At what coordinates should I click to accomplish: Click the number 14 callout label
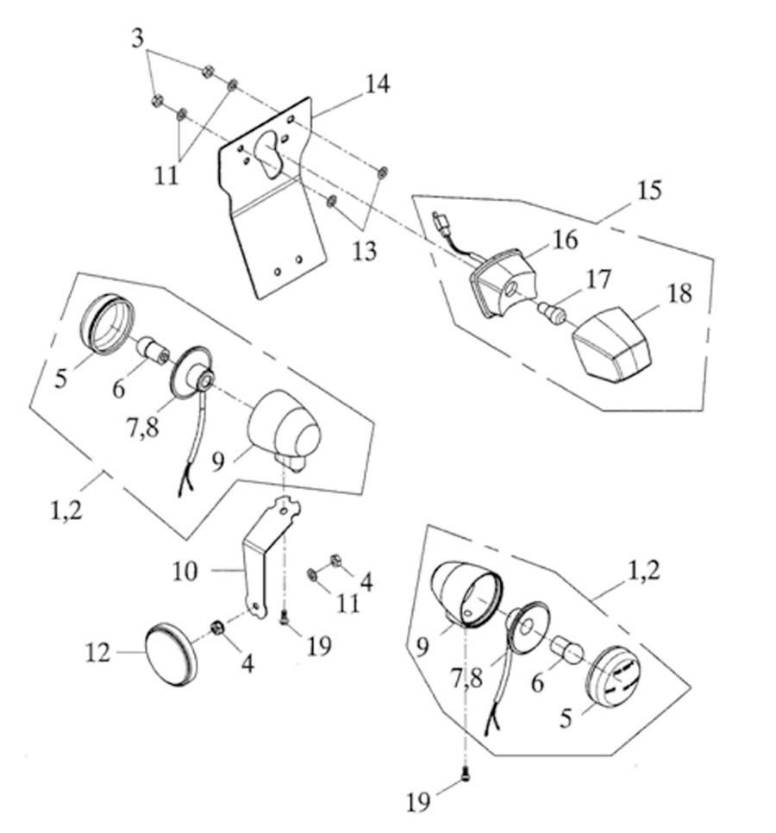(x=377, y=85)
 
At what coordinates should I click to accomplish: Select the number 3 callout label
(x=137, y=38)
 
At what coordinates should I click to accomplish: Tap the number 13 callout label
(x=364, y=251)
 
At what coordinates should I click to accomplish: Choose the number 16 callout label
(x=567, y=241)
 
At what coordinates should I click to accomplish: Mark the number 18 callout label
(x=679, y=293)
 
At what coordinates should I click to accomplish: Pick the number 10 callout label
(x=185, y=571)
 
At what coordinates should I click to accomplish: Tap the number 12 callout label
(x=98, y=653)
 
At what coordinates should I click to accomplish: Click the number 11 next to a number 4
(x=347, y=601)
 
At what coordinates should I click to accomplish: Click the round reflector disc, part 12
(x=171, y=654)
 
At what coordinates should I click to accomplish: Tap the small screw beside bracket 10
(x=284, y=616)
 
